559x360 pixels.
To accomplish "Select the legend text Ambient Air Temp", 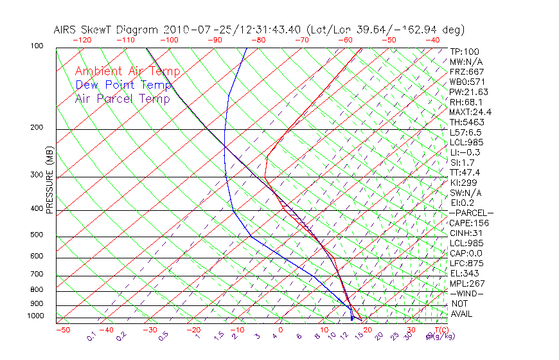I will click(127, 71).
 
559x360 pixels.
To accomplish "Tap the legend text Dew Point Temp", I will click(123, 85).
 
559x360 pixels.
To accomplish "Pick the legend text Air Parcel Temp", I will click(122, 98).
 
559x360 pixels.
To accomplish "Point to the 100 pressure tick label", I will click(36, 46).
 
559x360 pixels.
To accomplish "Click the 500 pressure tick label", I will click(36, 235).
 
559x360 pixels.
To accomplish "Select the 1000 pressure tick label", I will click(35, 316).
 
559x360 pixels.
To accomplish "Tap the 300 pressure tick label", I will click(36, 175).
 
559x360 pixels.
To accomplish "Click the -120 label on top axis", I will click(82, 40).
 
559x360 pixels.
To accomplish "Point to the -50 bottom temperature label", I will click(62, 330).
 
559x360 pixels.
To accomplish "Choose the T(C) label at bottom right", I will click(441, 330).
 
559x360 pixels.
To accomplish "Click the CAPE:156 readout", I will click(468, 223).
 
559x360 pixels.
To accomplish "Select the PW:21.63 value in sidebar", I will click(468, 92).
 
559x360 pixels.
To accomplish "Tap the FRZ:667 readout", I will click(466, 72).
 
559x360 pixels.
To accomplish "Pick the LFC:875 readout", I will click(466, 264).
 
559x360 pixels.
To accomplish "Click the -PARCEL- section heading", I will click(471, 213).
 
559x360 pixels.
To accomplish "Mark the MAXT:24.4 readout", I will click(470, 112).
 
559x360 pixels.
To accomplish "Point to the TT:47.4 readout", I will click(465, 172).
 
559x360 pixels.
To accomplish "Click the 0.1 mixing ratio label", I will click(92, 336).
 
